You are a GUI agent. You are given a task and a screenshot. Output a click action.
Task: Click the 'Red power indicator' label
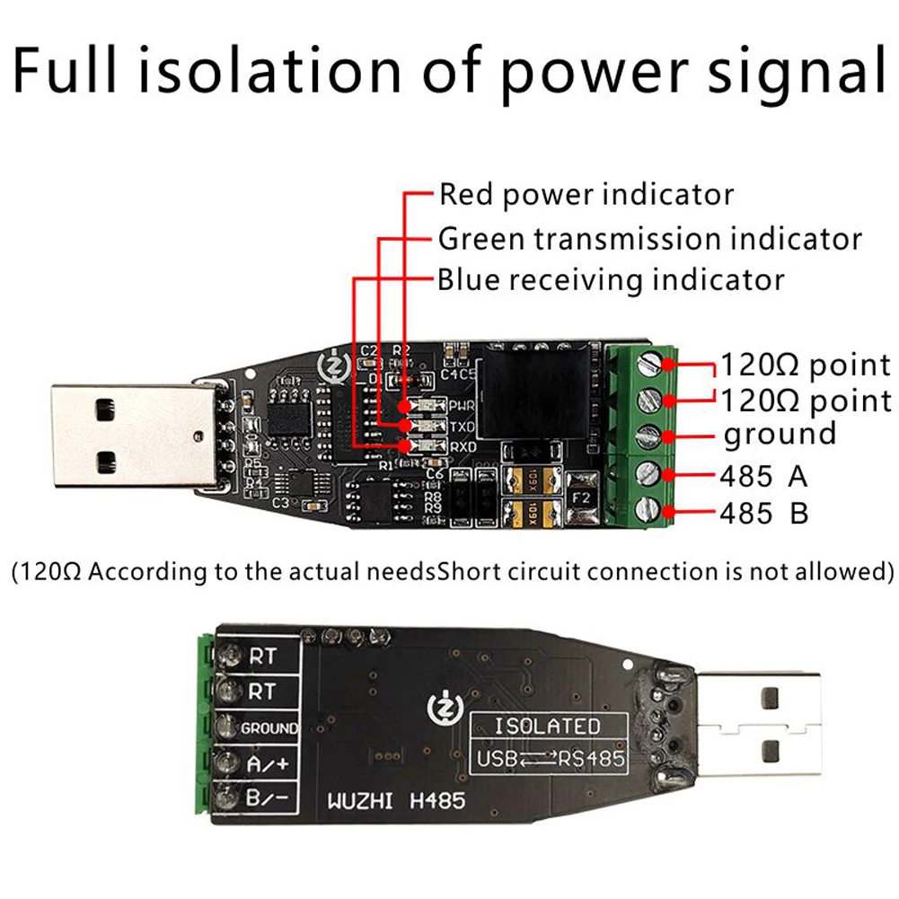[x=586, y=195]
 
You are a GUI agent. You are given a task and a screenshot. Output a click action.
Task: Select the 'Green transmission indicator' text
[x=649, y=239]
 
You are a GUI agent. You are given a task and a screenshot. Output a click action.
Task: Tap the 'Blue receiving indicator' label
[x=611, y=279]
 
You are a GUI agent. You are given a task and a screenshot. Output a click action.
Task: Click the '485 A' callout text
[x=763, y=475]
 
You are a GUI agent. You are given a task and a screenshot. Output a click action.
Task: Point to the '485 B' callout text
[x=763, y=513]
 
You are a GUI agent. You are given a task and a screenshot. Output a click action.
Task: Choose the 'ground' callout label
[x=780, y=435]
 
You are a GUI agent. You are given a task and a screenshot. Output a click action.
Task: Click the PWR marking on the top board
[x=463, y=405]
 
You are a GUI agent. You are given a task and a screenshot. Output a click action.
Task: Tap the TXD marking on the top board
[x=463, y=426]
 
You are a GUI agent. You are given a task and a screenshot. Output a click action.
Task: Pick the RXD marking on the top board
[x=463, y=445]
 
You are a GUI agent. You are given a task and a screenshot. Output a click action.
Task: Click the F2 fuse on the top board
[x=581, y=497]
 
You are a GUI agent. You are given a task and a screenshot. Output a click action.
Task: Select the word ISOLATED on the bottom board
[x=548, y=726]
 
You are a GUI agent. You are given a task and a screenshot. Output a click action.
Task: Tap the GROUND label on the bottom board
[x=269, y=728]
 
